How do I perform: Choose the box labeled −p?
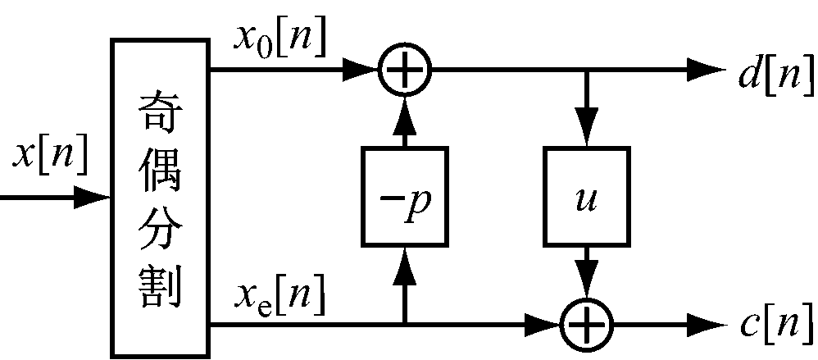click(x=404, y=197)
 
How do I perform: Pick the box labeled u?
click(x=587, y=197)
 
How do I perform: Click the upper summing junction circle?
click(x=404, y=71)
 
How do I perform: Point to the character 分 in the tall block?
click(x=160, y=226)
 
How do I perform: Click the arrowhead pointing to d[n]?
click(x=707, y=71)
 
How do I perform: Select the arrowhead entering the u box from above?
click(x=587, y=132)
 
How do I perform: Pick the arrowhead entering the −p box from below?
click(x=404, y=262)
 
